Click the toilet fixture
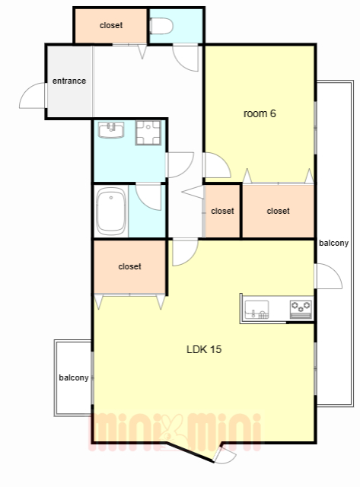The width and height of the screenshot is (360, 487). (x=161, y=26)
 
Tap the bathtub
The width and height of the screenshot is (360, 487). (x=111, y=212)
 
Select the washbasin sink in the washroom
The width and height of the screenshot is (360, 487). (x=111, y=130)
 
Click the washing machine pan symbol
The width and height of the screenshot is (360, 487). (x=148, y=133)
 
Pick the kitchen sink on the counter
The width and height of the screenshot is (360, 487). (x=257, y=310)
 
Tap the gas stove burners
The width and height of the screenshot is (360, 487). (x=301, y=310)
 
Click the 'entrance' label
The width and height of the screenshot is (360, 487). (x=69, y=81)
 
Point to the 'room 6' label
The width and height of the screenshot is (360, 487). (x=260, y=113)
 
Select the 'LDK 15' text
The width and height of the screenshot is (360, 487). (x=204, y=349)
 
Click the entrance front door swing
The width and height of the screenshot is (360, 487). (x=33, y=96)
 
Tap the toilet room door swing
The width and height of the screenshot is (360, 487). (x=186, y=59)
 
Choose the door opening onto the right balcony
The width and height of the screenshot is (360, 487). (x=328, y=276)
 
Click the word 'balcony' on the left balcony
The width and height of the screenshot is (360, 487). (x=74, y=377)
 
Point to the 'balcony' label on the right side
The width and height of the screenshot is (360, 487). (x=333, y=243)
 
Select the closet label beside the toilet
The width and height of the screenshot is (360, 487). (x=111, y=25)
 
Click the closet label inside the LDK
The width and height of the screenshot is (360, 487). (x=129, y=266)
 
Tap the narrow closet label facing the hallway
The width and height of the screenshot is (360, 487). (x=222, y=212)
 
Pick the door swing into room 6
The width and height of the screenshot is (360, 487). (x=217, y=165)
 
